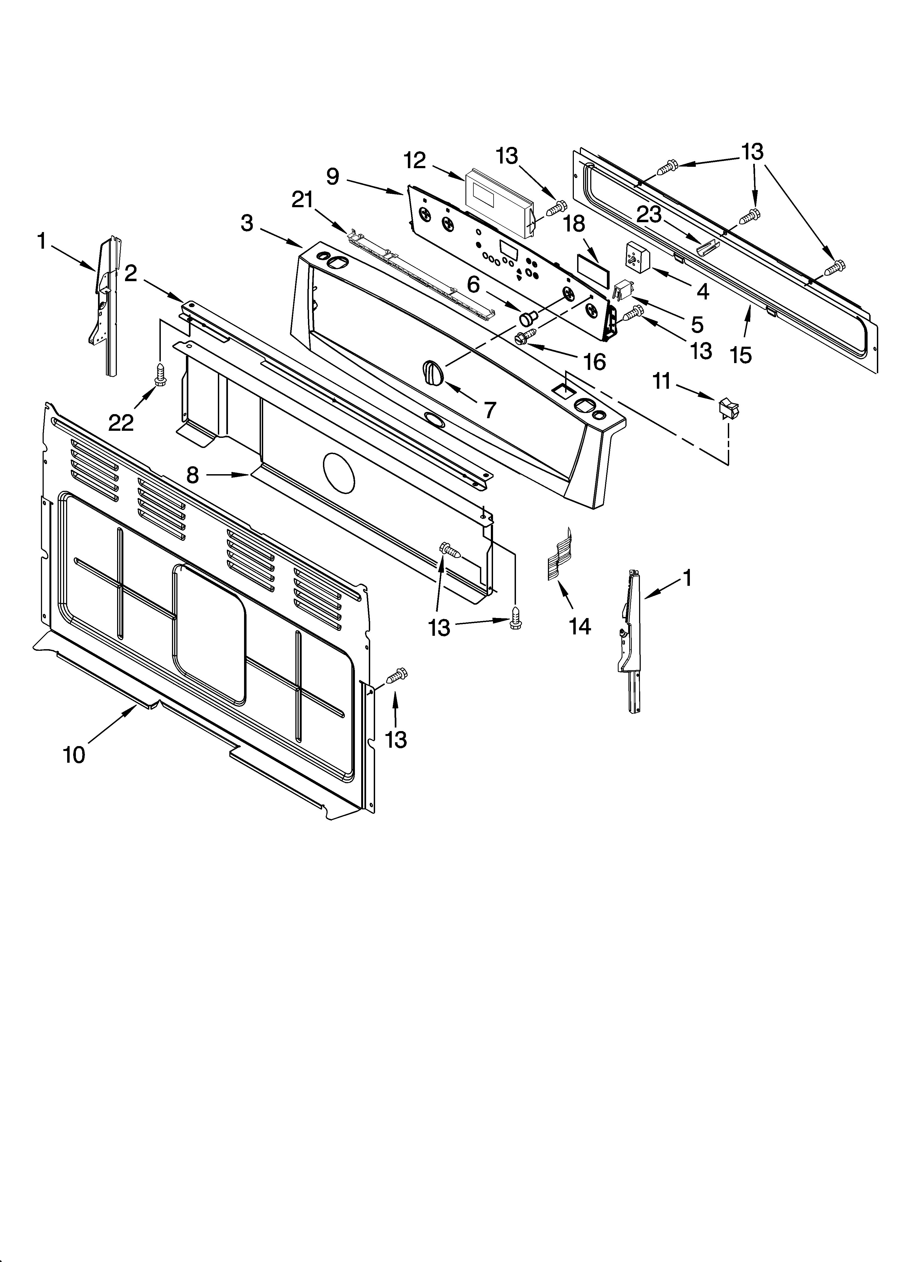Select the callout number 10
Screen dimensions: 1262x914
click(x=74, y=755)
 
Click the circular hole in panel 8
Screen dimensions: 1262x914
click(x=339, y=473)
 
